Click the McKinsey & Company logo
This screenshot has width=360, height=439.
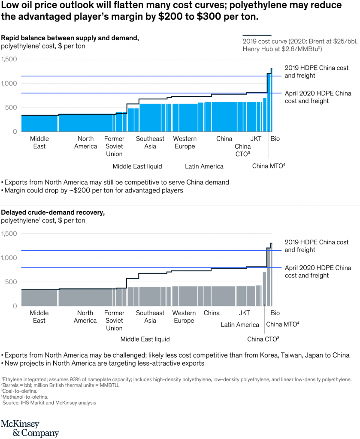tap(30, 428)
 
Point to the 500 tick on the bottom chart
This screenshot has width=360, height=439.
tap(12, 282)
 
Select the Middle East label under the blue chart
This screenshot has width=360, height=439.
tap(39, 142)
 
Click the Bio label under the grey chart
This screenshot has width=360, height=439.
tap(275, 313)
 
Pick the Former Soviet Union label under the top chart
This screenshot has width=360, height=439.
tap(114, 146)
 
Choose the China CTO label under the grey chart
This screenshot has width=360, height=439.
tap(263, 339)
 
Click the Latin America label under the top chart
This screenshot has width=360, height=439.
tap(204, 166)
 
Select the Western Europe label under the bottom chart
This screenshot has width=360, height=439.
tap(185, 317)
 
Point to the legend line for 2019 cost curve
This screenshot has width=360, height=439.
tap(257, 35)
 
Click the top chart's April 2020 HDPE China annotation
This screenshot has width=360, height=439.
tap(318, 97)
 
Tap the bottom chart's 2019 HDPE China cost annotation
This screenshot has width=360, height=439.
tap(317, 246)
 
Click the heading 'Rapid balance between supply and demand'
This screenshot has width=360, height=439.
tap(70, 38)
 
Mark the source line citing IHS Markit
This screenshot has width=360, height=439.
tap(49, 403)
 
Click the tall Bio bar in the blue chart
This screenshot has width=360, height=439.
tap(271, 101)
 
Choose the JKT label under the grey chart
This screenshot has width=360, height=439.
tap(245, 313)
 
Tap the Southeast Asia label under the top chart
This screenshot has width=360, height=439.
tap(150, 142)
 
